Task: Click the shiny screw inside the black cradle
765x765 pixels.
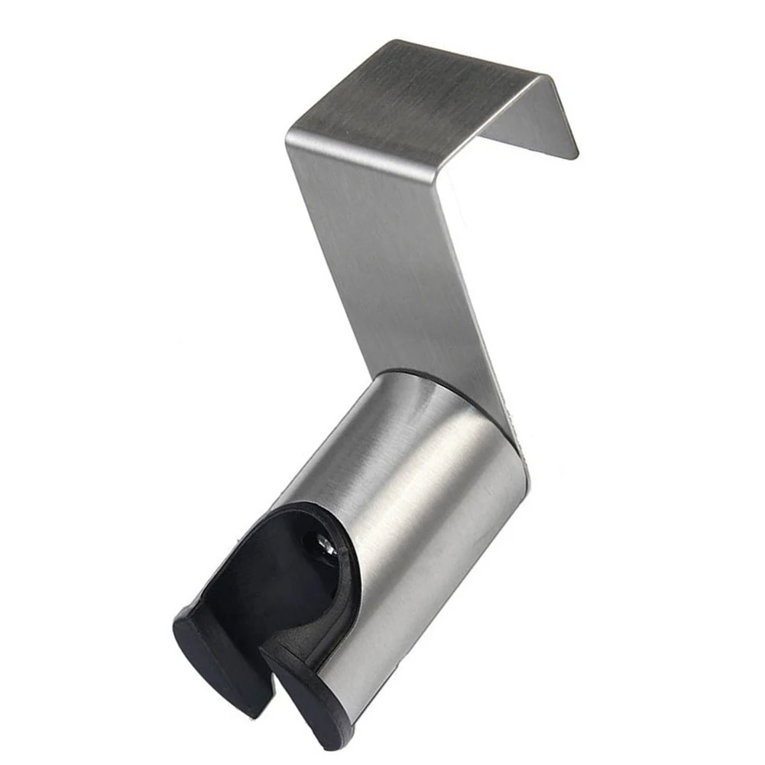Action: [323, 544]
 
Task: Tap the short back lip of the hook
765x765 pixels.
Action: [535, 122]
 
